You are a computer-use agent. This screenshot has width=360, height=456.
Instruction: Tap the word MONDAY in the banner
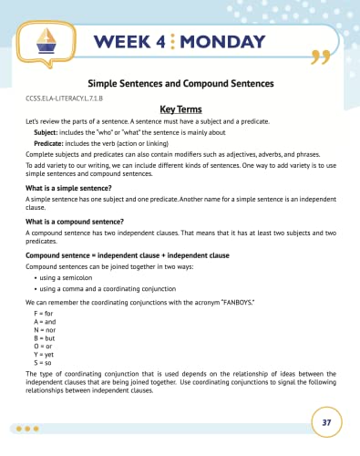[x=216, y=41]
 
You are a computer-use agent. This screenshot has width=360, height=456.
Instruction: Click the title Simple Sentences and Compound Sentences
[x=180, y=82]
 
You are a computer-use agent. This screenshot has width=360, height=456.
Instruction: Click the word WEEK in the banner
[x=120, y=41]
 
